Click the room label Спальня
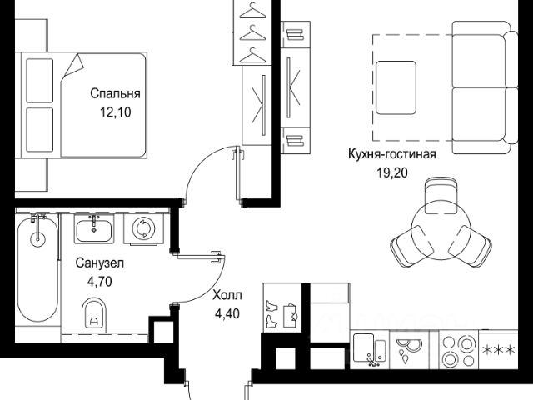pos(115,94)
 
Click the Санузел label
pos(99,263)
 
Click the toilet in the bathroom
pos(94,316)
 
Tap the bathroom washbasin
pos(96,227)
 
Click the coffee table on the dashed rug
pos(396,86)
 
